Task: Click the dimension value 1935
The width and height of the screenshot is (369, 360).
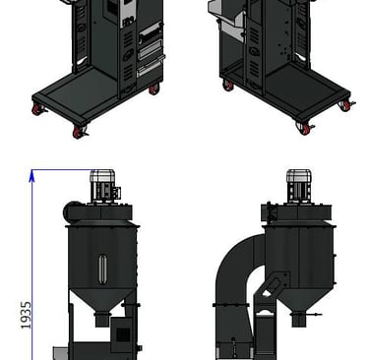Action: pos(26,315)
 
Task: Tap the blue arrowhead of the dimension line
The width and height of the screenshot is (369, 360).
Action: pos(31,176)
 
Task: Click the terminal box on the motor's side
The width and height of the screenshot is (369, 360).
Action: pos(117,193)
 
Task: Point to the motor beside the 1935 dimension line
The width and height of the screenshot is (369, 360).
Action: pos(102,185)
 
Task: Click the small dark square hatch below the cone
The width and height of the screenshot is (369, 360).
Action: pos(123,334)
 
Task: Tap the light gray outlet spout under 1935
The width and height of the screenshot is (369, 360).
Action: pos(61,353)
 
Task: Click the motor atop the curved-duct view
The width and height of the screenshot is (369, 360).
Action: pos(299,186)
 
